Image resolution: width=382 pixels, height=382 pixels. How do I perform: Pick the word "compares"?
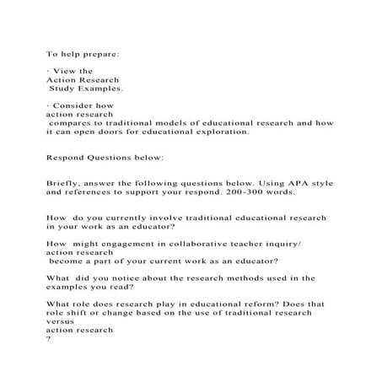(72, 123)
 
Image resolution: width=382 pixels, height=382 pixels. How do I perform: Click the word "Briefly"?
(67, 183)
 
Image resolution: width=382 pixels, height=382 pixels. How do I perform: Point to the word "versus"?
(62, 321)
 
